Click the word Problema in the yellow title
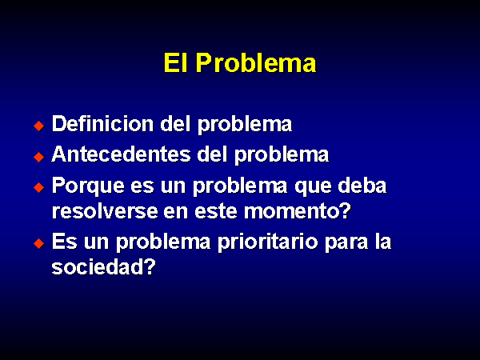coord(256,62)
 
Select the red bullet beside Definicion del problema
coord(39,126)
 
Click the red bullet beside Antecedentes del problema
coord(39,157)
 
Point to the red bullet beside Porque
coord(39,187)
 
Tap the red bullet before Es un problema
coord(39,244)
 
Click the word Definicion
coord(102,124)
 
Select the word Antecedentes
coord(122,154)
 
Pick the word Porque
coord(89,186)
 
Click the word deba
coord(362,186)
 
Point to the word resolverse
coord(105,211)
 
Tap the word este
coord(216,211)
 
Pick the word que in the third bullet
coord(313,187)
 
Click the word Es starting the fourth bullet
coord(64,242)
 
